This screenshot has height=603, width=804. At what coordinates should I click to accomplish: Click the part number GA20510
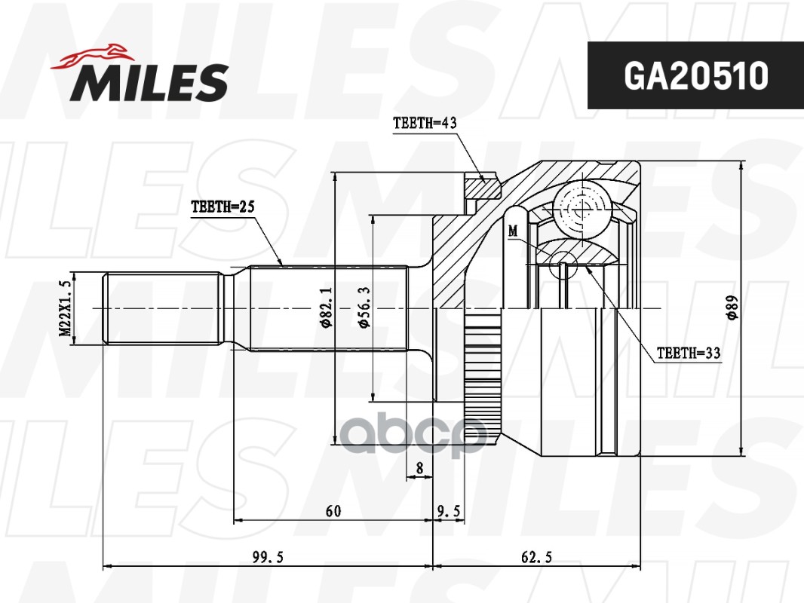(695, 75)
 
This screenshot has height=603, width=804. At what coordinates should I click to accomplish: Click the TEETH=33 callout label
(689, 353)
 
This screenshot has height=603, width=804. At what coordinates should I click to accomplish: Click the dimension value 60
(333, 511)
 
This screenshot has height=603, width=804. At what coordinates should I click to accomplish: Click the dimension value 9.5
(450, 511)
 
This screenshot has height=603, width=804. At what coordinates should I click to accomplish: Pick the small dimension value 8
(419, 468)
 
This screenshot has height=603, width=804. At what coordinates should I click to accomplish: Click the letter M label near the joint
(513, 231)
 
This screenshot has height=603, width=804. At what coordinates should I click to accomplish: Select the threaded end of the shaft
(162, 309)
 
